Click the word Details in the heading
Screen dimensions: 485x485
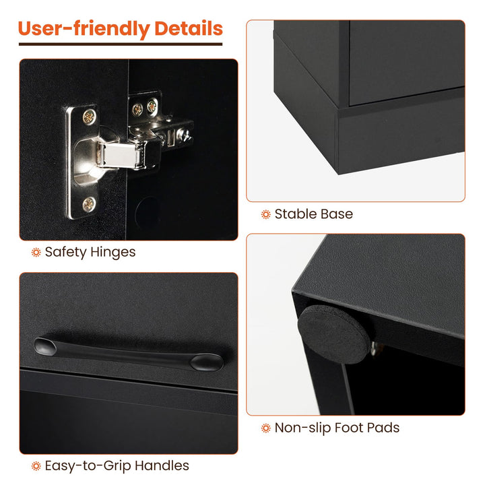tap(189, 28)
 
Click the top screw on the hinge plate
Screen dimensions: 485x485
tap(89, 117)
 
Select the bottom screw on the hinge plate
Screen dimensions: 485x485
tap(89, 204)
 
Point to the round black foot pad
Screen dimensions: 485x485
tap(333, 333)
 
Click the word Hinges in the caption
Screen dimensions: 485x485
tap(113, 252)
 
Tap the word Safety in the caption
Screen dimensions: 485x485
tap(65, 253)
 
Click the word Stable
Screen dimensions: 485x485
tap(296, 214)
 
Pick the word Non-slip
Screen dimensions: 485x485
tap(303, 428)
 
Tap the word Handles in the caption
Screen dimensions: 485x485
tap(162, 465)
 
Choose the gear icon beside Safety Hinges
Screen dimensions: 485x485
tap(36, 253)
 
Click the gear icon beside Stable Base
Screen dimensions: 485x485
tap(265, 214)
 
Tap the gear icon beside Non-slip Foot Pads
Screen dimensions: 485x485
tap(265, 428)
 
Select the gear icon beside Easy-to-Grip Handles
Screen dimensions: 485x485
tap(36, 466)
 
